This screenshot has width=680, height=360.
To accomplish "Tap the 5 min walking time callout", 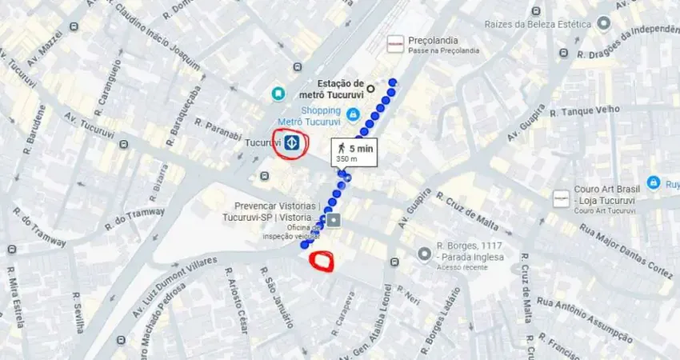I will [x=353, y=152].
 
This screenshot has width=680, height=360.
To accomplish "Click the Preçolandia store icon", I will [x=395, y=44].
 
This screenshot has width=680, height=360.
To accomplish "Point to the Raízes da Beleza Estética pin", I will [x=604, y=24].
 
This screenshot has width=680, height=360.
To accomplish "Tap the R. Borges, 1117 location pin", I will [x=424, y=254].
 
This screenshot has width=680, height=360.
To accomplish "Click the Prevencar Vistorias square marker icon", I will [x=333, y=219].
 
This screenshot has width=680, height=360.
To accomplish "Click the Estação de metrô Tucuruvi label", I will [x=339, y=89].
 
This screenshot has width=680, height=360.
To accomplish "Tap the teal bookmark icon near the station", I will [x=278, y=94].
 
